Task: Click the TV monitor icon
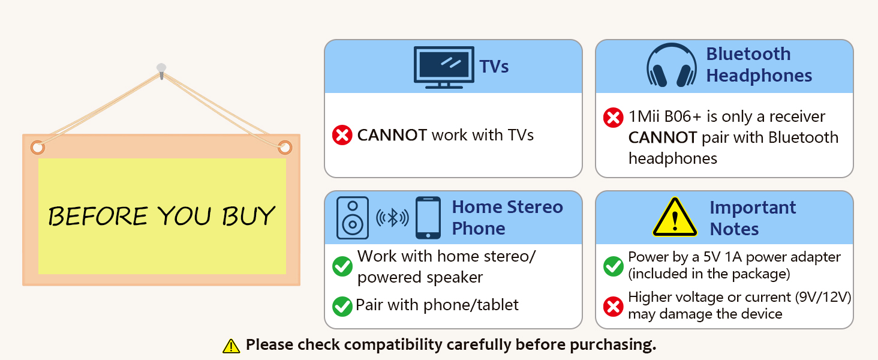coord(444,67)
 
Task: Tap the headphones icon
coord(671,66)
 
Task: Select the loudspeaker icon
coord(353,218)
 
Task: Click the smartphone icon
coord(428,218)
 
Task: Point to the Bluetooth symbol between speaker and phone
coord(392,218)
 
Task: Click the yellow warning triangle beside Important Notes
coord(675,218)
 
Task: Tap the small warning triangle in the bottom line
coord(231,346)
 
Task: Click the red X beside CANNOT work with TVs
coord(342,135)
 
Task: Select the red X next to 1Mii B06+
coord(613,117)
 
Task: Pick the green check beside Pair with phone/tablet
coord(342,306)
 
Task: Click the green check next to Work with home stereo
coord(342,266)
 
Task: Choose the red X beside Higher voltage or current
coord(613,306)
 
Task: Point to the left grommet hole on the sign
coord(37,147)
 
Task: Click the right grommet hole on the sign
coord(284,147)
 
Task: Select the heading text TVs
coord(494,67)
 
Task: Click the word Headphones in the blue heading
coord(759,76)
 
